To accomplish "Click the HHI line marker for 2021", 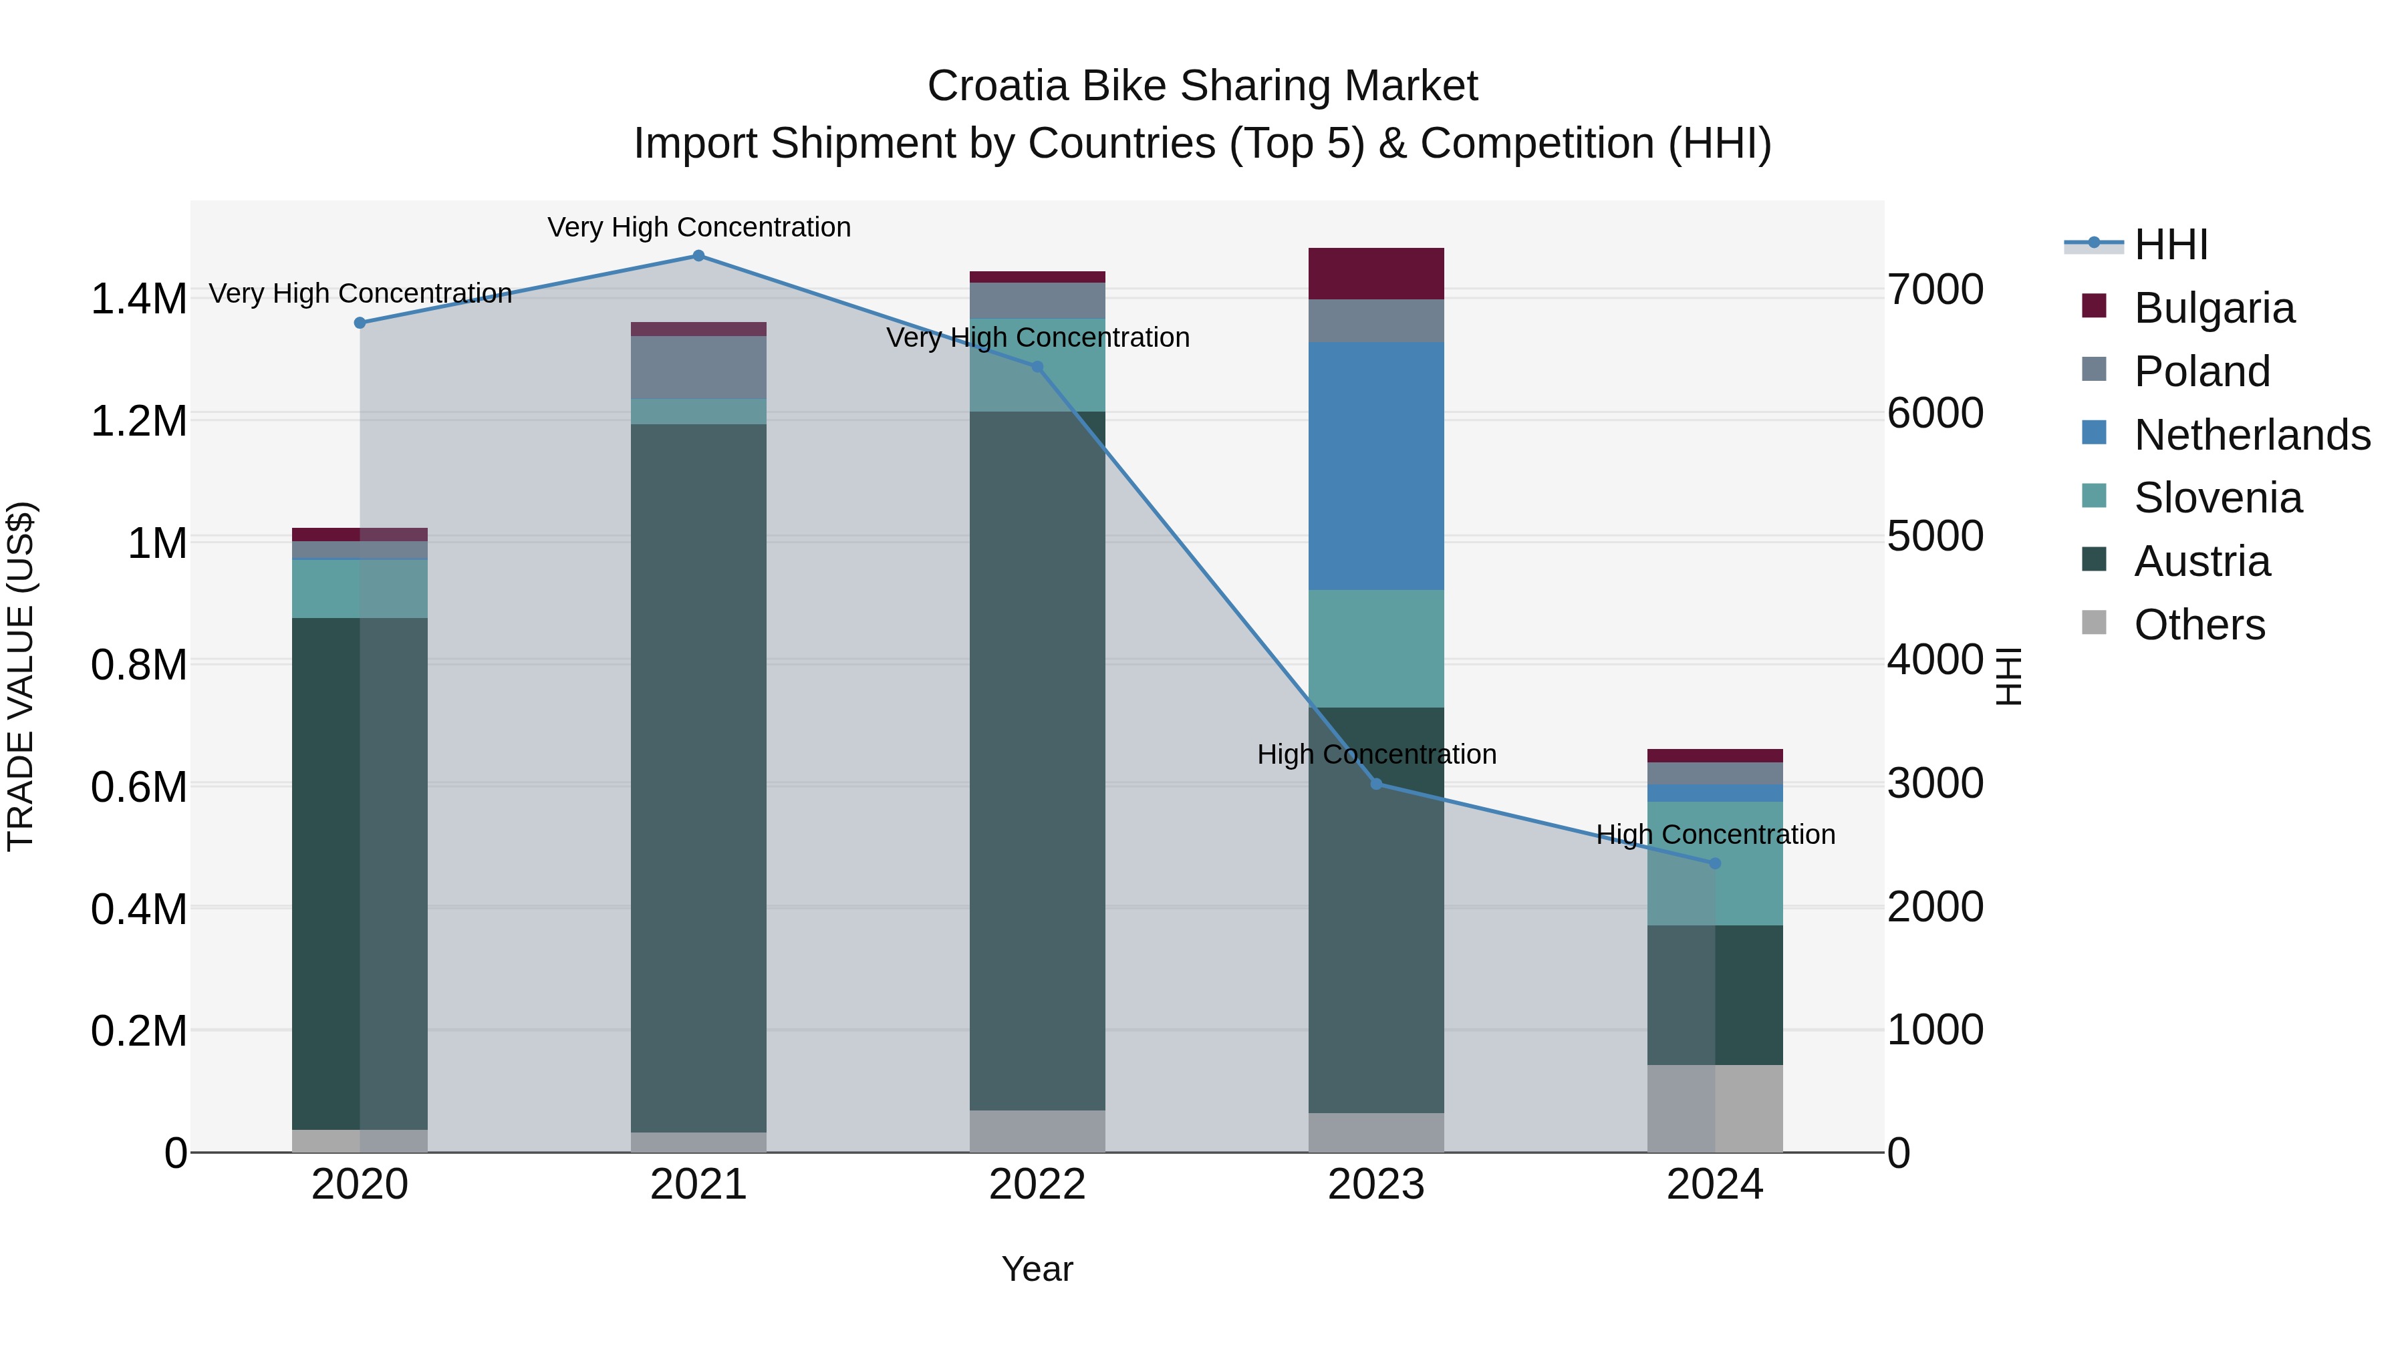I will (x=698, y=256).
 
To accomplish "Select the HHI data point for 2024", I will (x=1715, y=864).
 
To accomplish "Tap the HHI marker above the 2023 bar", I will (x=1376, y=784).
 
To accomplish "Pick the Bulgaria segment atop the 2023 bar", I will (x=1376, y=273).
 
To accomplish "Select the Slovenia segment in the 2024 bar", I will (x=1715, y=864).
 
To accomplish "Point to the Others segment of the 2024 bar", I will (x=1715, y=1108).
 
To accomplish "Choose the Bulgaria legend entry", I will (x=2214, y=308).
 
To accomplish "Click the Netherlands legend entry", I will (x=2252, y=435).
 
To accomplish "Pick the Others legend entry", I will (x=2199, y=625).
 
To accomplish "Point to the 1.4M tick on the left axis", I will (x=138, y=300).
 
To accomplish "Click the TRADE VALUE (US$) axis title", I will (x=21, y=676).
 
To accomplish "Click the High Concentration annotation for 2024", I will (x=1715, y=834).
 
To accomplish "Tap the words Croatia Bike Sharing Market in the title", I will (x=1202, y=86).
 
